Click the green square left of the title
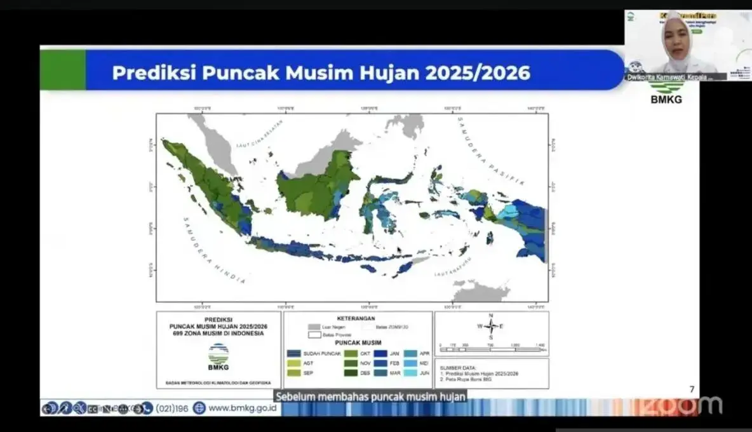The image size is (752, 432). [62, 69]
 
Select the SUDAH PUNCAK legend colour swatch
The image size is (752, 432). [293, 353]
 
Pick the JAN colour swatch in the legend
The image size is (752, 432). [380, 353]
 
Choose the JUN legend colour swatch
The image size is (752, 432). [410, 373]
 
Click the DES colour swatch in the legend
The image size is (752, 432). [350, 373]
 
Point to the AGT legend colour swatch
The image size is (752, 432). [293, 363]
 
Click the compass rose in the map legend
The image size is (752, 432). [491, 327]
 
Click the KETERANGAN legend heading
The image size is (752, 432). [358, 318]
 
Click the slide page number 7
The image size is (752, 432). [692, 389]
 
